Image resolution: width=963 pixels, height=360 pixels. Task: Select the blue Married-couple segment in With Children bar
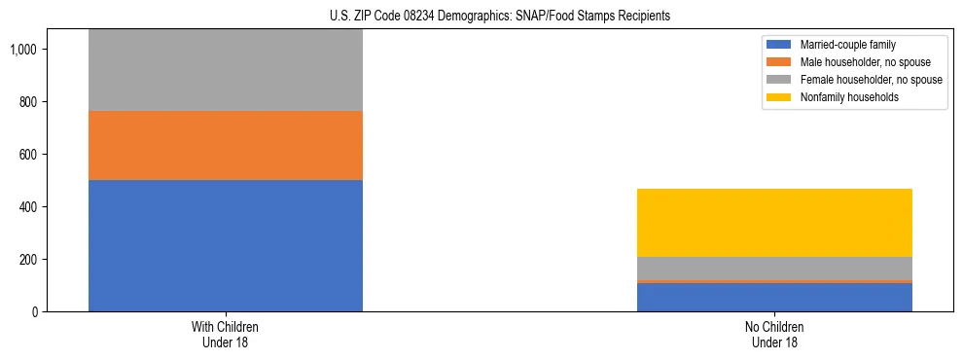pyautogui.click(x=225, y=245)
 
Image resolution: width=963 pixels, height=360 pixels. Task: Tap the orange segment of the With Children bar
pyautogui.click(x=225, y=145)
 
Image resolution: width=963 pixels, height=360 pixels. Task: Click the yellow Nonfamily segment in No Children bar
pyautogui.click(x=774, y=223)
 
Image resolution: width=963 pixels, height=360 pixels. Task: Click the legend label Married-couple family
pyautogui.click(x=847, y=46)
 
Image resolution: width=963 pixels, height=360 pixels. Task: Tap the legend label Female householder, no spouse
pyautogui.click(x=871, y=80)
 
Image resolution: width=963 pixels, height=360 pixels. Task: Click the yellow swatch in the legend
pyautogui.click(x=779, y=97)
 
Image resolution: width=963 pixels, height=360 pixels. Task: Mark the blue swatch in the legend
pyautogui.click(x=779, y=46)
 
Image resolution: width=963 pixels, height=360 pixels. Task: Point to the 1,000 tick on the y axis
pyautogui.click(x=24, y=50)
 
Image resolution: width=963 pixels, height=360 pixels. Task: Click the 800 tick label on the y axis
pyautogui.click(x=29, y=102)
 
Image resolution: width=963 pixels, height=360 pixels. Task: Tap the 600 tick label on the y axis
pyautogui.click(x=29, y=155)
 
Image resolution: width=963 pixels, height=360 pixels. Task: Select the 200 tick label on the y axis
pyautogui.click(x=29, y=260)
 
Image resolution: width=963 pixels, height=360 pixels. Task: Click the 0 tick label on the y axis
pyautogui.click(x=36, y=312)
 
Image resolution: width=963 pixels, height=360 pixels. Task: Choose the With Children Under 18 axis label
pyautogui.click(x=225, y=335)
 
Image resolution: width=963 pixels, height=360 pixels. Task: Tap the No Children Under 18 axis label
pyautogui.click(x=774, y=335)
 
